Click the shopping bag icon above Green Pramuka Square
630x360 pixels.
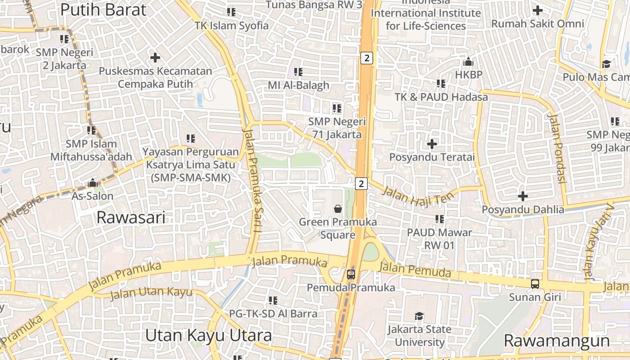338,209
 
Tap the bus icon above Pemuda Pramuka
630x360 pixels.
351,274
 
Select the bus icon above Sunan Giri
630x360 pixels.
535,284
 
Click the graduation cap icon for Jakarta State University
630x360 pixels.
419,316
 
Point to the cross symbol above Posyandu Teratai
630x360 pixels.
432,144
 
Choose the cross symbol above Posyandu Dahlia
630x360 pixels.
523,196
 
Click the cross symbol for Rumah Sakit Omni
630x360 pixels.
537,10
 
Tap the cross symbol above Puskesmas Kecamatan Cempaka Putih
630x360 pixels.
155,58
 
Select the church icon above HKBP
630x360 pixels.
468,61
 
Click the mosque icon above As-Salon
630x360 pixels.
93,183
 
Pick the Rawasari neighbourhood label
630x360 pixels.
131,218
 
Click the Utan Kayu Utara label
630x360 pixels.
209,336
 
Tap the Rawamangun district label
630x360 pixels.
556,341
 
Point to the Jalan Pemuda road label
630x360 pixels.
415,270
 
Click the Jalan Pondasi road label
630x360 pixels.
557,148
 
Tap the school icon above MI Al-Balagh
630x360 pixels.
298,72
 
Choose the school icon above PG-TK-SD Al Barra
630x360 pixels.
273,300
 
